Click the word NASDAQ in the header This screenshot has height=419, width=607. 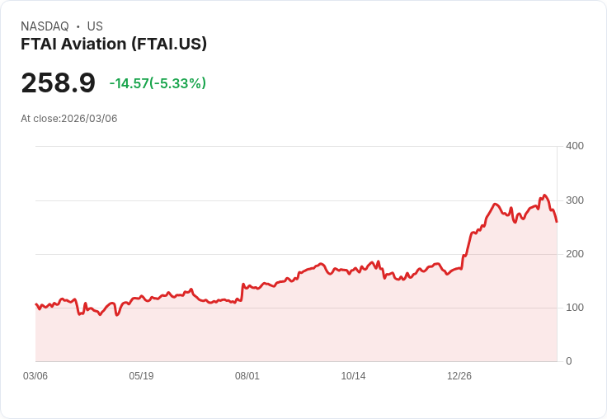point(45,26)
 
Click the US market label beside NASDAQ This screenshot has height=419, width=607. point(95,26)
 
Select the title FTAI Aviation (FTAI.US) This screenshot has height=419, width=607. point(114,44)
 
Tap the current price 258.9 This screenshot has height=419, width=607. point(58,83)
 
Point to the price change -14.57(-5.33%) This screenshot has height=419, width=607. point(158,83)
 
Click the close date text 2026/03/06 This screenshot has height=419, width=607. point(89,119)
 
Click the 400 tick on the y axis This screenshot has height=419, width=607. point(574,146)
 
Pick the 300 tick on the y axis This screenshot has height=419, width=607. point(574,200)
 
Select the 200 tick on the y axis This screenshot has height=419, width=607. point(574,254)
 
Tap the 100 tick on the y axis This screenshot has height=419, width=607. point(574,308)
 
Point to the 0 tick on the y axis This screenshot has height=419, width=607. point(568,361)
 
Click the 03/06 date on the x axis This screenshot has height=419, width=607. point(35,376)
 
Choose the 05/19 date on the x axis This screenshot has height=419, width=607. point(141,376)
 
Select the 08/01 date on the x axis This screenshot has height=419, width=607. point(247,376)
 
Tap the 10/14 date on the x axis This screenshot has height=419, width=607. point(353,376)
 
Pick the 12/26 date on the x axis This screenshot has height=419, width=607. point(459,376)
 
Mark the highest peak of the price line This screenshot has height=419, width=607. point(544,195)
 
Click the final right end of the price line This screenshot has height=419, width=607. point(557,221)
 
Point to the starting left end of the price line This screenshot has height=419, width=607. point(35,304)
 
